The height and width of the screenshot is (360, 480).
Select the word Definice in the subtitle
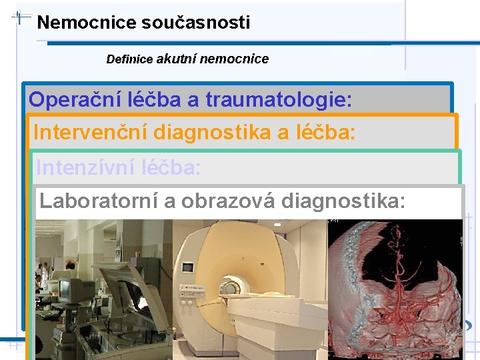click(x=129, y=59)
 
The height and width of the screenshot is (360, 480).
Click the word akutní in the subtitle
click(x=177, y=59)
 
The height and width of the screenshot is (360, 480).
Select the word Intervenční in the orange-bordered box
click(x=90, y=133)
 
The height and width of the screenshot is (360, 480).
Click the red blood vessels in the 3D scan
click(x=393, y=280)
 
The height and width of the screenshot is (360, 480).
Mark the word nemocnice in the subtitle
click(x=234, y=59)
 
